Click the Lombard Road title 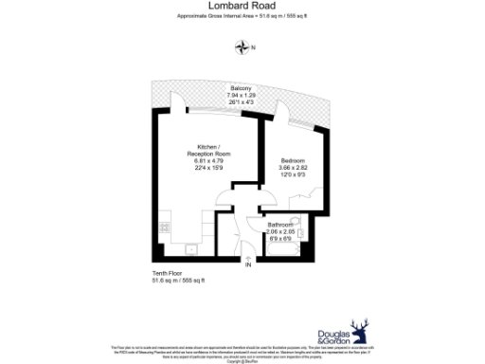click(242, 6)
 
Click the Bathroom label click(280, 225)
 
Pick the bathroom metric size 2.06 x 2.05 click(280, 231)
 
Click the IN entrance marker click(248, 266)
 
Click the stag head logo click(359, 332)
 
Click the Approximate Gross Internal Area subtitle click(242, 17)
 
